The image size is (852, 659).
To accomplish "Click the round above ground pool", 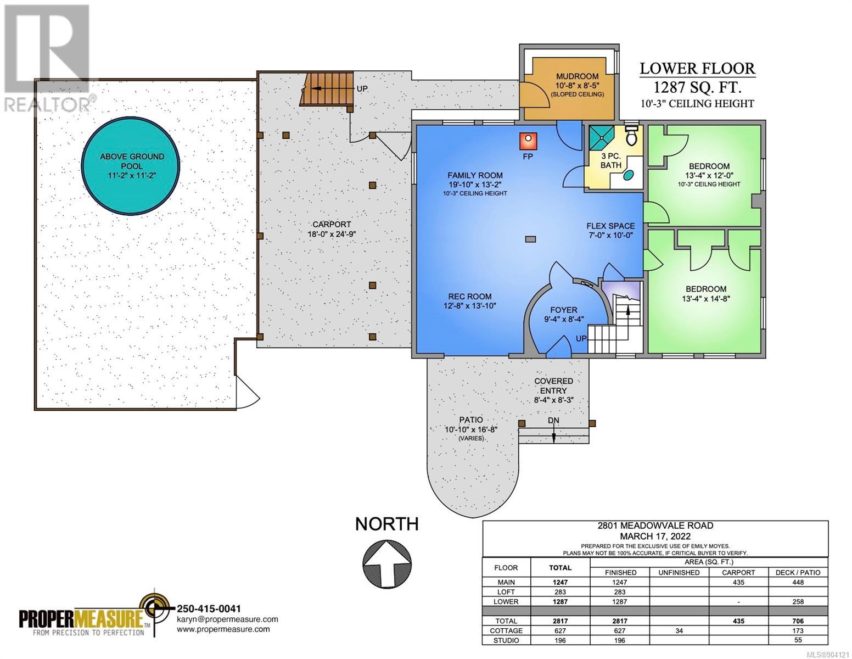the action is coord(131,165).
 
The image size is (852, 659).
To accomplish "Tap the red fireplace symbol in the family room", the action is coord(528,141).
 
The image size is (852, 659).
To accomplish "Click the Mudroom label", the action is coord(577,76).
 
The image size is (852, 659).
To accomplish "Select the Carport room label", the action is coord(332,224).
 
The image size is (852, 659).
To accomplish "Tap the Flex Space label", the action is coord(610,226).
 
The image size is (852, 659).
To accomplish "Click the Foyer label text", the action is coord(563,310).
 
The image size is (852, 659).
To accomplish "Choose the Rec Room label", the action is coord(470,297).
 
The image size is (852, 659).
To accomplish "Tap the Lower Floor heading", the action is coord(698,68).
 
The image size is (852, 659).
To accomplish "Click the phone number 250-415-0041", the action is coord(209,609).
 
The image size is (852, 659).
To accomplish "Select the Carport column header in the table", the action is coord(738,572).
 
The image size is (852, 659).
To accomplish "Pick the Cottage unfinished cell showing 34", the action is coord(679,631).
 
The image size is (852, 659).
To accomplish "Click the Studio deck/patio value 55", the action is coord(798,640).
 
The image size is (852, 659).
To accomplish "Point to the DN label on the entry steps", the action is coord(553,421).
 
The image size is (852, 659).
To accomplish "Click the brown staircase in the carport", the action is coord(327,88).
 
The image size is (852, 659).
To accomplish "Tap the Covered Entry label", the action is coord(553,386).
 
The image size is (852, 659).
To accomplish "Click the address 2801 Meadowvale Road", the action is coord(655,526).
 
